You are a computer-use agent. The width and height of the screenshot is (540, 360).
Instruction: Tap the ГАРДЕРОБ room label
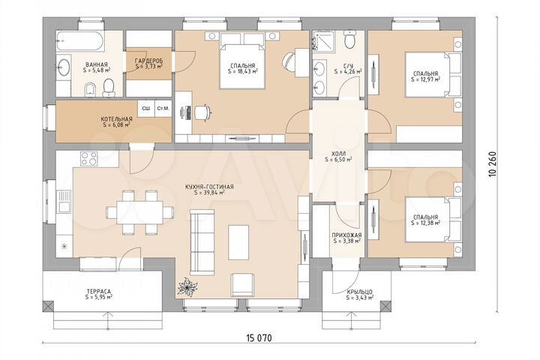point(148,61)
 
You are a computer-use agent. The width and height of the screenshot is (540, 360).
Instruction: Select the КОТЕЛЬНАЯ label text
point(116,119)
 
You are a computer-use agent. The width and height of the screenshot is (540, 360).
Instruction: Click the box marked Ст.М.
point(163,109)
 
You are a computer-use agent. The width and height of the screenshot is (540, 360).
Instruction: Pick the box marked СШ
point(146,109)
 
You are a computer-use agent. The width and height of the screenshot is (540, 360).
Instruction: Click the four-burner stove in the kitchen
point(88,158)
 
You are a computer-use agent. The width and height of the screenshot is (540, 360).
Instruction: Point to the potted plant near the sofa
point(187,286)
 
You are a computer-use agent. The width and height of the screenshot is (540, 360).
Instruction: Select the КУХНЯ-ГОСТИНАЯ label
point(209,187)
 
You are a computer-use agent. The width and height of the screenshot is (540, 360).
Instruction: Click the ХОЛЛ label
point(337,154)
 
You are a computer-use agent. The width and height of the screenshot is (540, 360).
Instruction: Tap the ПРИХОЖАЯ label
point(346,235)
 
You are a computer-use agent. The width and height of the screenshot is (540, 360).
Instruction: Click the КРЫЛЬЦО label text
point(359,292)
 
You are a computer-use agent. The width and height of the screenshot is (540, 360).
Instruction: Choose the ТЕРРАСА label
point(99,291)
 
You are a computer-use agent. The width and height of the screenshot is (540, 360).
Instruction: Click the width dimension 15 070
point(259,338)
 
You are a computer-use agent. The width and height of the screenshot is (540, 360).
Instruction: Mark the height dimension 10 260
point(493,164)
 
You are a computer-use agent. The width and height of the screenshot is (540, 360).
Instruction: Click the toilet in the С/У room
point(350,40)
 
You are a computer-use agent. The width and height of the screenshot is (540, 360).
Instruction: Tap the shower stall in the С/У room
point(323,41)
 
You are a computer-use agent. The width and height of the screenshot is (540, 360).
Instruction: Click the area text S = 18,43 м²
point(243,71)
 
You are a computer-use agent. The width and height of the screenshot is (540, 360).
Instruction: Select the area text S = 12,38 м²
point(426,223)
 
